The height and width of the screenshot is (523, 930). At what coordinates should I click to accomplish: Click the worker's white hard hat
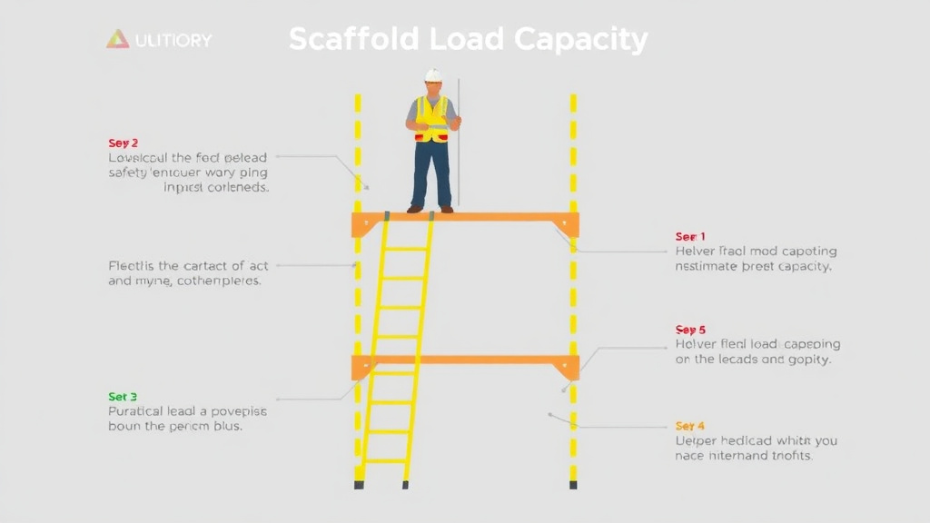tap(433, 75)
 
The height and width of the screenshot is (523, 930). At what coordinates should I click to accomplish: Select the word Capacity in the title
tap(580, 40)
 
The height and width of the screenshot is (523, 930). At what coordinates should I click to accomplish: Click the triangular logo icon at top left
tap(117, 39)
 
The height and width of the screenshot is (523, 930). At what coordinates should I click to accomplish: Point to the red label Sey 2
tap(124, 143)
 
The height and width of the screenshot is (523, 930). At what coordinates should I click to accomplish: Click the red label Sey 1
tap(690, 236)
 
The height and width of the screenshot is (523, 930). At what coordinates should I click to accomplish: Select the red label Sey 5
tap(690, 330)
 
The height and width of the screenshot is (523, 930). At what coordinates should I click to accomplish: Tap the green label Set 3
tap(123, 397)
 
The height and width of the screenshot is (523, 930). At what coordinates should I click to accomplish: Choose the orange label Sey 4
tap(690, 426)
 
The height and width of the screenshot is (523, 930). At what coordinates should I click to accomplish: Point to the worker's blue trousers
tap(431, 173)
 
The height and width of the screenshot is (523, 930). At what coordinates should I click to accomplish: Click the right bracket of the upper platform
tap(568, 226)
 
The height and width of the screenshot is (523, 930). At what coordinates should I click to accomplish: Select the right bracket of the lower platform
tap(569, 369)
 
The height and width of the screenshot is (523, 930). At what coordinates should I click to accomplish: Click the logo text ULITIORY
tap(173, 40)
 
